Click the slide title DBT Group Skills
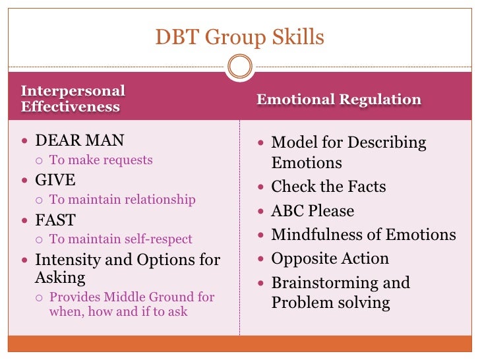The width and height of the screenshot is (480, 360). pos(240,37)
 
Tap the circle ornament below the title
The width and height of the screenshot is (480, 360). pos(239,66)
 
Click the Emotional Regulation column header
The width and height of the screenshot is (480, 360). pos(339,100)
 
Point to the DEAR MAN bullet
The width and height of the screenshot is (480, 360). pos(79,140)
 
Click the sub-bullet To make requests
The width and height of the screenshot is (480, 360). pos(101,160)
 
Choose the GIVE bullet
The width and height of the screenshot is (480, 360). pos(55,180)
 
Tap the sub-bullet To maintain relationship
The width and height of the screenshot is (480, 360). pos(122,199)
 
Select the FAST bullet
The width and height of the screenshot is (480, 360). pos(55,220)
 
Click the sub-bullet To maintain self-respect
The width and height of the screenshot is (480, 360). pos(121,239)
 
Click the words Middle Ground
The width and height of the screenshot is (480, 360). pos(145,297)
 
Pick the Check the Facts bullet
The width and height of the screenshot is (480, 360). pos(328,187)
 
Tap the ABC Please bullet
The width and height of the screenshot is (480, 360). pos(313,211)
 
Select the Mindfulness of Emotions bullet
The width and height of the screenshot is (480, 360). pos(363,235)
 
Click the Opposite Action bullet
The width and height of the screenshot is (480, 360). pos(330,258)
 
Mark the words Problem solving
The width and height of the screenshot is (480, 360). pos(330,303)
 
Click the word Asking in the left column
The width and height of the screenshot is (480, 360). pos(60,278)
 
